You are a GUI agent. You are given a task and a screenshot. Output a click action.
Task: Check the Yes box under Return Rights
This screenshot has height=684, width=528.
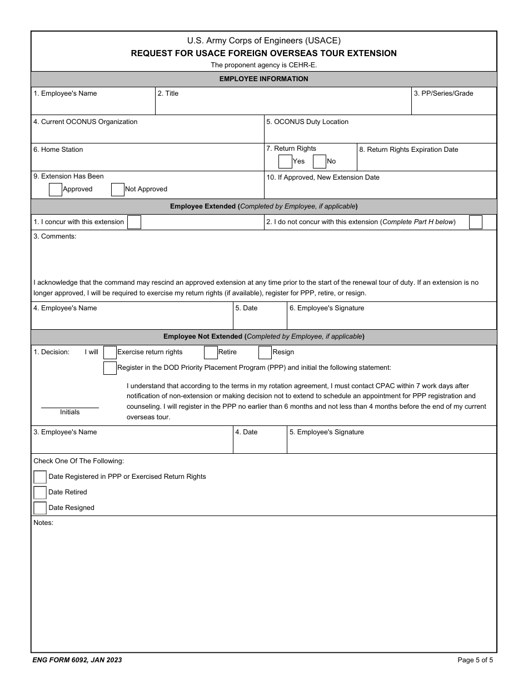285,161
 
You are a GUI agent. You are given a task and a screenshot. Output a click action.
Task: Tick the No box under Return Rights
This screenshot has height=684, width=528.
320,161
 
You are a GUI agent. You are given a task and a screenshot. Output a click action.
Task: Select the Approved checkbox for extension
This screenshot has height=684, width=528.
56,190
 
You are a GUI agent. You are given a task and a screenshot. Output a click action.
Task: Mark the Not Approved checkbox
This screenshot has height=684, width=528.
118,190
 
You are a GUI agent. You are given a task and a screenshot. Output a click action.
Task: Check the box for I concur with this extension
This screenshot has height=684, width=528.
134,222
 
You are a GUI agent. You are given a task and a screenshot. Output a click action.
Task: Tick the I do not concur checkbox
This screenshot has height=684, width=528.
476,222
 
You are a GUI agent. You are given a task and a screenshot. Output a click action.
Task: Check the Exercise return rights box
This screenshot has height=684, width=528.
110,353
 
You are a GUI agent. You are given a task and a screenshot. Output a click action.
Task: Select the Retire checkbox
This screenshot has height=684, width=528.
211,353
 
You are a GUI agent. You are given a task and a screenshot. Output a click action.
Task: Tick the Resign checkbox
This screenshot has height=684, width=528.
265,353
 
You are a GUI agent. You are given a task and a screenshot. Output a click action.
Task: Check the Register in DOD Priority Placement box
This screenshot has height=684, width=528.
110,368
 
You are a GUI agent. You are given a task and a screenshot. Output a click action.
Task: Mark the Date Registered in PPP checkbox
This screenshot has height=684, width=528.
40,477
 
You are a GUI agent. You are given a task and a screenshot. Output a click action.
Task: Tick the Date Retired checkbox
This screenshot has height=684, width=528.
40,493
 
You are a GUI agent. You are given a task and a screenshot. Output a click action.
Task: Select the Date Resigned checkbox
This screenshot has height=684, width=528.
40,508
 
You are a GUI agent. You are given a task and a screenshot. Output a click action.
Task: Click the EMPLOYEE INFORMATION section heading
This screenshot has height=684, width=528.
263,79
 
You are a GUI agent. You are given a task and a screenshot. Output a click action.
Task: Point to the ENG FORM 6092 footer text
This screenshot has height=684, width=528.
77,660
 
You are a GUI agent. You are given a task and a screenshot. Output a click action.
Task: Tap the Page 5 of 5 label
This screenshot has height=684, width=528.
475,660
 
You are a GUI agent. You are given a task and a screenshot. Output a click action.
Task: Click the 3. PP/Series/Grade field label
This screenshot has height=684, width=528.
443,93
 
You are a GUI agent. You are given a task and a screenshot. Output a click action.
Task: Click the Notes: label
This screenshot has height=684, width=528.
43,523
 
